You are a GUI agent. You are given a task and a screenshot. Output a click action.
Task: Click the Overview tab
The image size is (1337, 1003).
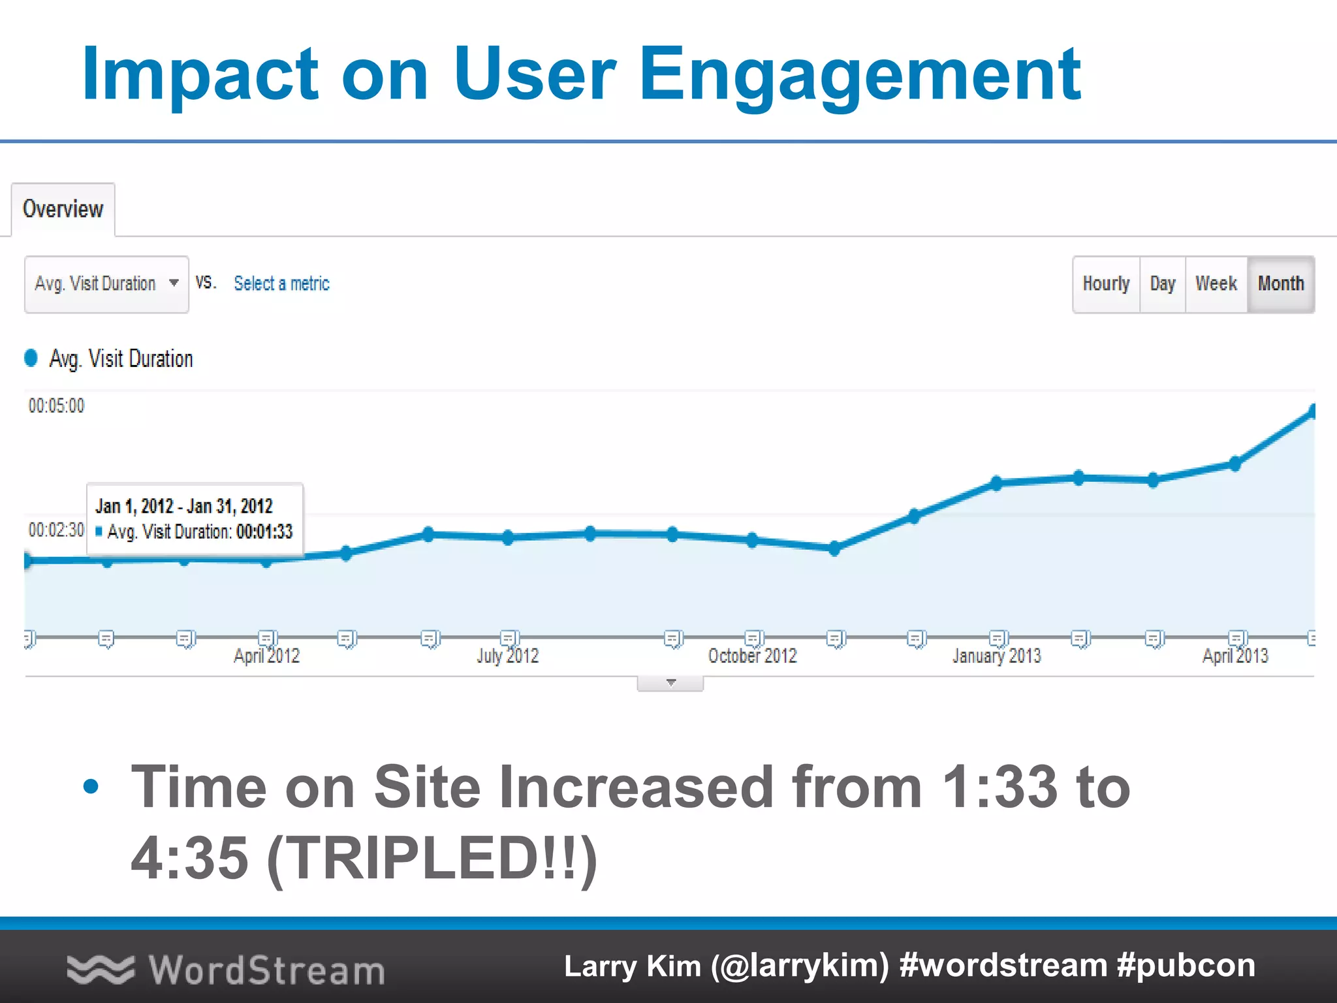[63, 209]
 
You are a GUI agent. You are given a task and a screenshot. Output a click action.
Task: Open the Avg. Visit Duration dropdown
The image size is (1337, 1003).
[106, 284]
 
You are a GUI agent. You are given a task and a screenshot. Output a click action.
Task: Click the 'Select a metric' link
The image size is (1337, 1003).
[281, 283]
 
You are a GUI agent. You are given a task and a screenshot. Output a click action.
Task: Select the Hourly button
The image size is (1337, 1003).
[1106, 284]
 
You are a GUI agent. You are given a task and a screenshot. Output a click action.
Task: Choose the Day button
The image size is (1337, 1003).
[1162, 284]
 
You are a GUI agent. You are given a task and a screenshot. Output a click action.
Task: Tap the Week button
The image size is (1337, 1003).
[1216, 284]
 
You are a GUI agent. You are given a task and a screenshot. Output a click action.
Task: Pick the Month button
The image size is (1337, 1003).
[1280, 284]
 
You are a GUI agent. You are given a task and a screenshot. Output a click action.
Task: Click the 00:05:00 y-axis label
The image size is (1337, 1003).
[56, 406]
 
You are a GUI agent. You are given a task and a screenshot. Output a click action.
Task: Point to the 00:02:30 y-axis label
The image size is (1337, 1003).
[56, 530]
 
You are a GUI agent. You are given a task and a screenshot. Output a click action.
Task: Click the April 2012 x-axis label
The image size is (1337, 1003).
[266, 656]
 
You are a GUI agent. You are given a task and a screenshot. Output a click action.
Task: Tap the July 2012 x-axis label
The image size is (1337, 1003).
[507, 656]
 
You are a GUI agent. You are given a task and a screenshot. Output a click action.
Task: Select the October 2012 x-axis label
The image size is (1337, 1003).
[752, 656]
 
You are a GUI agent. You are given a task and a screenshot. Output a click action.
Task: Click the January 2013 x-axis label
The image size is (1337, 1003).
[996, 656]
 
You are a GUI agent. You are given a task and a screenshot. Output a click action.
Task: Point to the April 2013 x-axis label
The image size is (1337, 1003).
[1235, 656]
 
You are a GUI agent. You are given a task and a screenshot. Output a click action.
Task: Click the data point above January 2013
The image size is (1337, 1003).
[996, 483]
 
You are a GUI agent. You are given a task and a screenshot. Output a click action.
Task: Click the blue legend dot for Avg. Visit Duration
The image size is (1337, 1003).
[31, 358]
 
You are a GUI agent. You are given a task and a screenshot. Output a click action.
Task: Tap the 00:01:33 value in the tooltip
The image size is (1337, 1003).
[264, 532]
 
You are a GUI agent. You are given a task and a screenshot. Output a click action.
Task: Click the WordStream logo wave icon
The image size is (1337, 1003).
[100, 970]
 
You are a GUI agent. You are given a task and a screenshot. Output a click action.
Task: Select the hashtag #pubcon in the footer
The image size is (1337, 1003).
[1186, 966]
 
